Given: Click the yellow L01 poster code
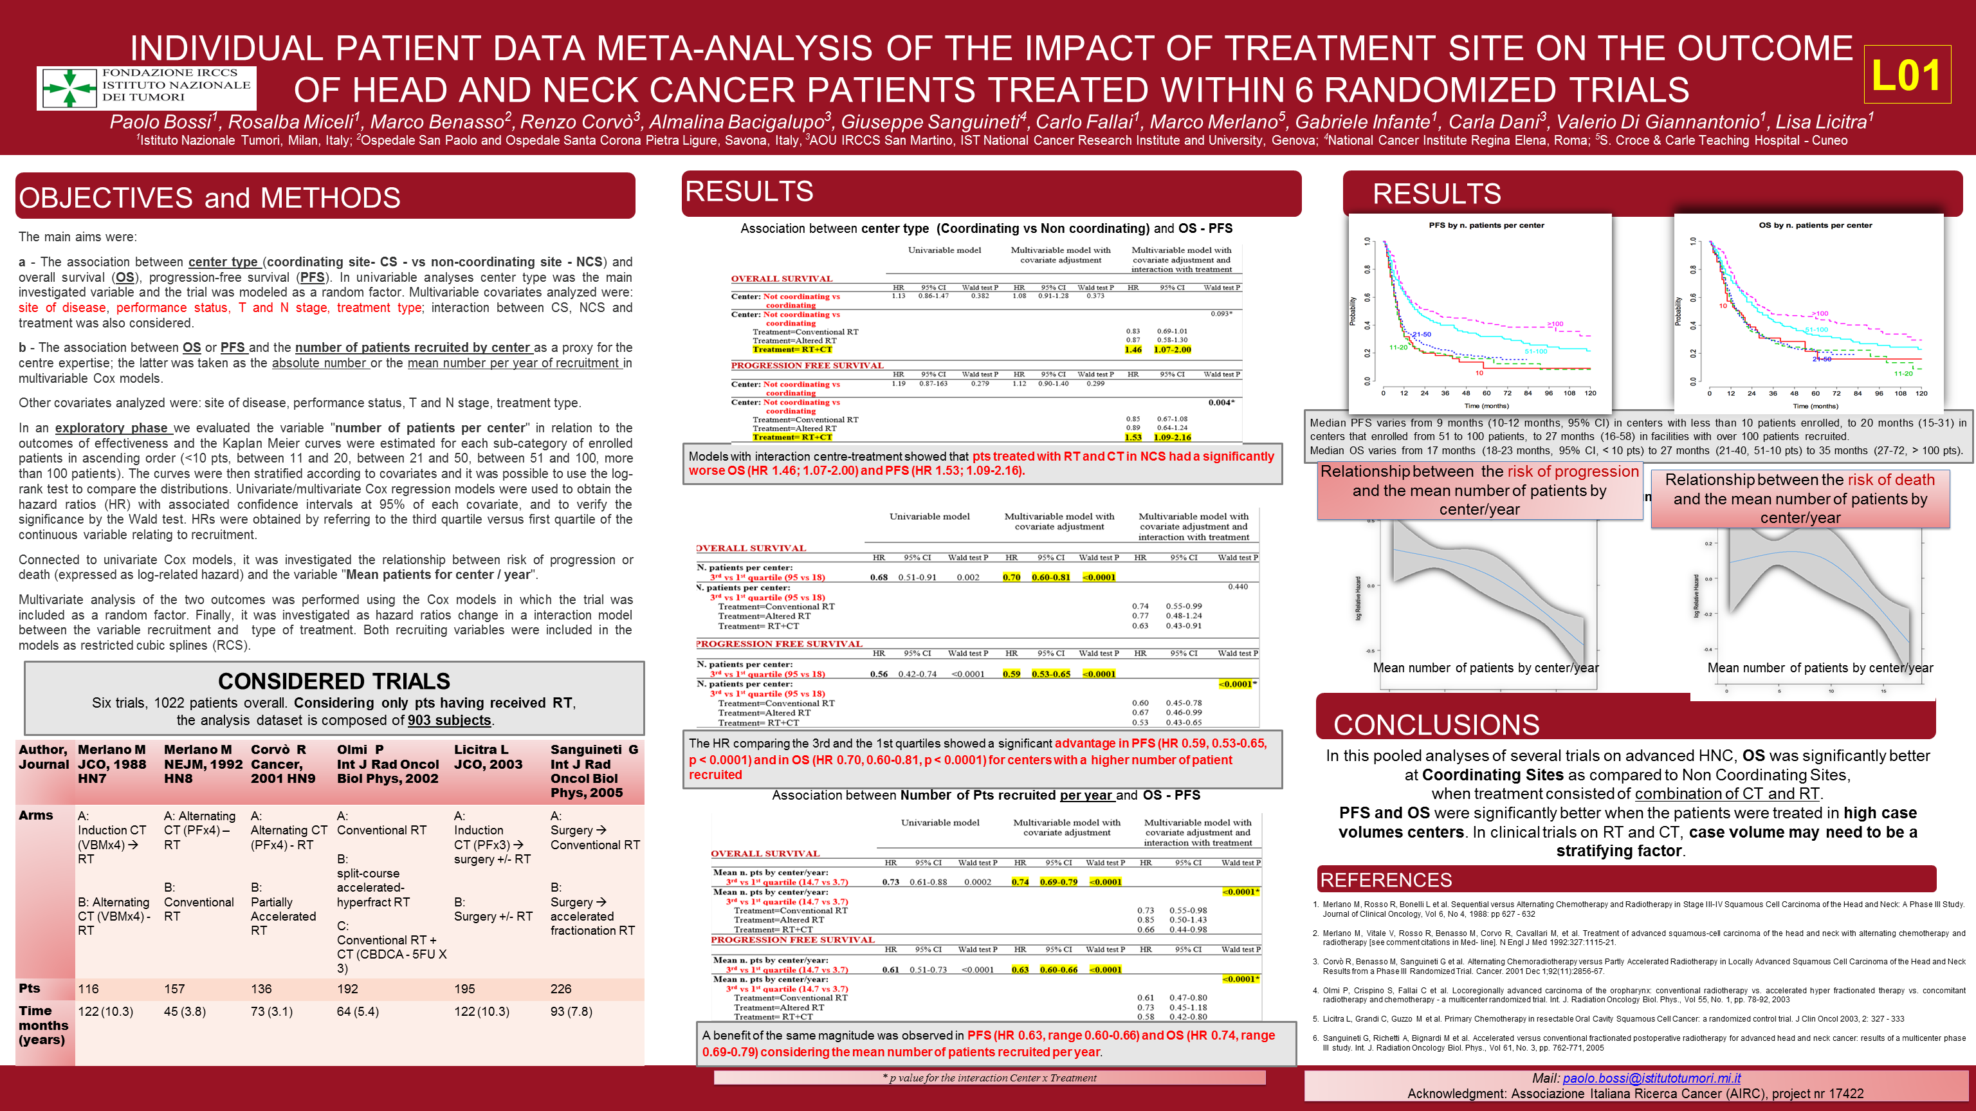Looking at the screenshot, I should pos(1906,75).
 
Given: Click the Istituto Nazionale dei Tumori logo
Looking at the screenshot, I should pos(147,87).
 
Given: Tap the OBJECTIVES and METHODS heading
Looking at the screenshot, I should pos(210,198).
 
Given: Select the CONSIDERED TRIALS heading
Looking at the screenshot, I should pos(334,681).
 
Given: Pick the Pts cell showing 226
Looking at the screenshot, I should pos(561,989).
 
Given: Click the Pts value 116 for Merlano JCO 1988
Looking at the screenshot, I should pos(88,989).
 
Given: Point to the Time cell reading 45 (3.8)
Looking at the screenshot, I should pos(185,1011).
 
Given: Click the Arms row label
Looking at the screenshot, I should pos(36,815).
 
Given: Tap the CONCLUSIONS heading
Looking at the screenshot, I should pos(1436,724).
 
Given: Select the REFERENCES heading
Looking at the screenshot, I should pos(1386,880).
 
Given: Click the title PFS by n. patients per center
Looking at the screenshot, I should pos(1486,226).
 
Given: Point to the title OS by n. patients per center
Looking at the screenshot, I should pos(1815,226).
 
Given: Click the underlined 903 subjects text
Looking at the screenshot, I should pos(449,721).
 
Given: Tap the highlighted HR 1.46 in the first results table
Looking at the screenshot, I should pos(1133,350).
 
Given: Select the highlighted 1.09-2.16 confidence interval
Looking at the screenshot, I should pos(1173,437).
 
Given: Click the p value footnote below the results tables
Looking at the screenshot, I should pos(989,1078).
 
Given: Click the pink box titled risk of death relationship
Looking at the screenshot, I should pos(1800,499).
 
